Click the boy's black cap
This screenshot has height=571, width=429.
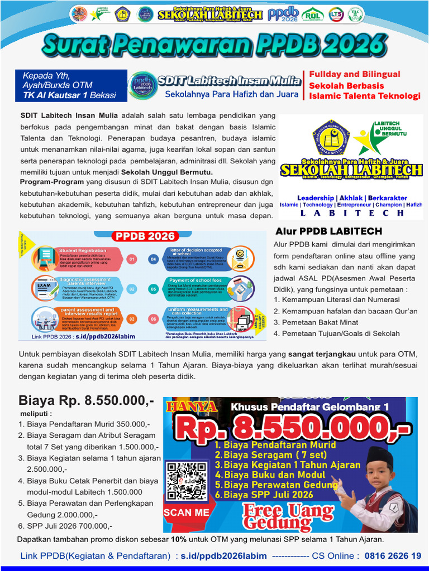tap(380, 458)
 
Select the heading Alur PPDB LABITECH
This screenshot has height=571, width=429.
tap(328, 231)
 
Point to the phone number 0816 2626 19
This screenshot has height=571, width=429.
tap(393, 555)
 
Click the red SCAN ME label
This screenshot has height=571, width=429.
tap(187, 512)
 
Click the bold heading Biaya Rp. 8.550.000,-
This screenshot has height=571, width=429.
tap(86, 400)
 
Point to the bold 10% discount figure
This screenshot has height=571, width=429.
tap(179, 539)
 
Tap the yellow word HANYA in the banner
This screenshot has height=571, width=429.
tap(188, 406)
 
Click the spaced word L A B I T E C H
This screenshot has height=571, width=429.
tap(352, 213)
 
